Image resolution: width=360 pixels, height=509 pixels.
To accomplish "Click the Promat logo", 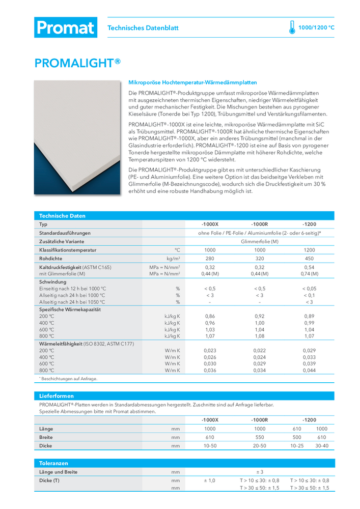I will click(x=65, y=27).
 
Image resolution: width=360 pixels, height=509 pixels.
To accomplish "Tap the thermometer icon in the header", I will click(x=292, y=27).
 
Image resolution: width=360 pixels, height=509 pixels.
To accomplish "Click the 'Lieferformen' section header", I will click(x=57, y=395).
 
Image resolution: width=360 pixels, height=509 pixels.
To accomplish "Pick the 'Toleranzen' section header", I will click(x=53, y=463).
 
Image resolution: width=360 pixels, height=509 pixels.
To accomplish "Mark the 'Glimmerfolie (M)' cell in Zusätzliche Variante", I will click(x=259, y=241).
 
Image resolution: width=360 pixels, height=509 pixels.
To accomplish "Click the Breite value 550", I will click(x=259, y=437).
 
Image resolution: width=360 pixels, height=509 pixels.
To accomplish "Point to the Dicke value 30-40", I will click(x=322, y=446).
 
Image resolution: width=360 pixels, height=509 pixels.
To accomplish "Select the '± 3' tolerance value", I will click(x=259, y=472).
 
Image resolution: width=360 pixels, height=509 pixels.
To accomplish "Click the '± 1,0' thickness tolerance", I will click(x=209, y=480).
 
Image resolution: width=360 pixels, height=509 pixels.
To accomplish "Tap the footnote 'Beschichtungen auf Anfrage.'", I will click(x=69, y=379).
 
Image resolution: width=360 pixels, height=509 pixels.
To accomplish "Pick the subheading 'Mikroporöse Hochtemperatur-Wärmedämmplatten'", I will click(x=192, y=82).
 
